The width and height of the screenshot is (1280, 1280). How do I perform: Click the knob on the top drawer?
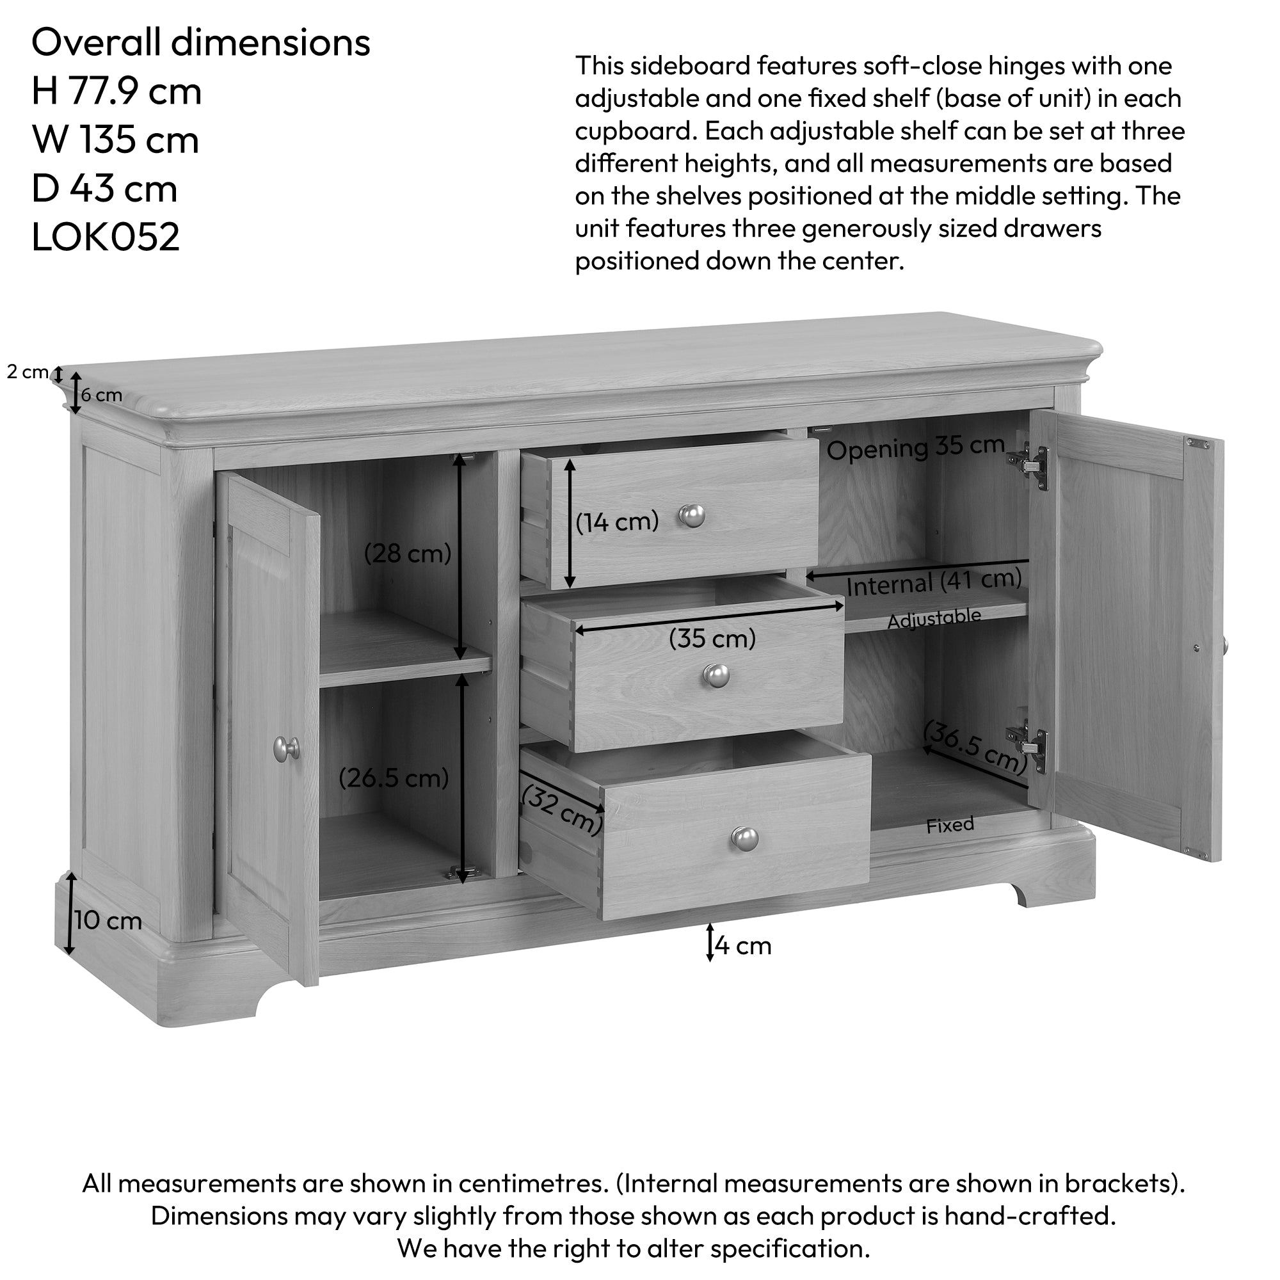(x=692, y=515)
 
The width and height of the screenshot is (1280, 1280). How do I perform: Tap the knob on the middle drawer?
(x=716, y=676)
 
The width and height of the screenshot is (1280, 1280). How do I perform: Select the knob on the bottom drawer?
(x=745, y=840)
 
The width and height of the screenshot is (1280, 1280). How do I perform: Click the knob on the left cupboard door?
(x=286, y=748)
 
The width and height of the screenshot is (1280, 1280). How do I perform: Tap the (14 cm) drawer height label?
(x=617, y=522)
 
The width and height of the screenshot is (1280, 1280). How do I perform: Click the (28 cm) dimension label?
(x=408, y=553)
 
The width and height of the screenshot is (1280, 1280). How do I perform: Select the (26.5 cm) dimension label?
(x=394, y=778)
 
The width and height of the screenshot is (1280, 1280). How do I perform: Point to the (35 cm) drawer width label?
(x=712, y=639)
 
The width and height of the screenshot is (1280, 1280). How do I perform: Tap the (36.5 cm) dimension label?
(x=975, y=748)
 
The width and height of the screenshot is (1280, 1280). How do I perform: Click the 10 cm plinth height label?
(x=108, y=920)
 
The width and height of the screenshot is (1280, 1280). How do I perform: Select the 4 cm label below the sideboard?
(x=742, y=945)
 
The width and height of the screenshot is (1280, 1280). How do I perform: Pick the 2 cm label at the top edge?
(x=27, y=372)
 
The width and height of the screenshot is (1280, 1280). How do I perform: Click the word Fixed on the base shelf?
(x=950, y=825)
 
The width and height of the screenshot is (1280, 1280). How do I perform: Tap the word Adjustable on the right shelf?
(x=934, y=619)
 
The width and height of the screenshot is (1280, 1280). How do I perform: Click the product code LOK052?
(x=106, y=237)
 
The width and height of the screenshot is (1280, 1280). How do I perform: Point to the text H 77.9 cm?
(x=116, y=91)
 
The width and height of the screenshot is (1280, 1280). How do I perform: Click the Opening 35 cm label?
(x=916, y=448)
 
